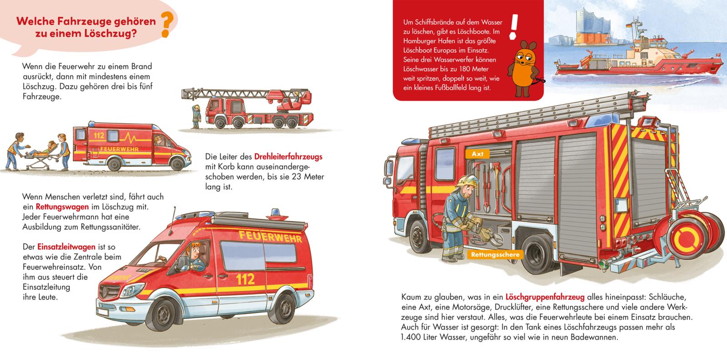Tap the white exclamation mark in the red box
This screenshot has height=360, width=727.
(x=513, y=27)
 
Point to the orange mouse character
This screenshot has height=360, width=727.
(x=524, y=69)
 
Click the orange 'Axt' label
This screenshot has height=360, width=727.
(x=477, y=154)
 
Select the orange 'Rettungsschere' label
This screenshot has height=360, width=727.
(x=495, y=255)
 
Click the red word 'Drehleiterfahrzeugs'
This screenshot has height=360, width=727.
(x=288, y=157)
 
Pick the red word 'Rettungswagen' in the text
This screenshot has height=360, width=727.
(x=62, y=207)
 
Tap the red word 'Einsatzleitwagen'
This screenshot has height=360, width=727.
(x=66, y=247)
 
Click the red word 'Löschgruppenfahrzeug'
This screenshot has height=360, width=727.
(x=545, y=297)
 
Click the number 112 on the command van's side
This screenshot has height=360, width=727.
(x=245, y=280)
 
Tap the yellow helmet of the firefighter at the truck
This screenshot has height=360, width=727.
(x=468, y=181)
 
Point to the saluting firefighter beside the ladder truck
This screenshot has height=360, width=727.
(x=196, y=116)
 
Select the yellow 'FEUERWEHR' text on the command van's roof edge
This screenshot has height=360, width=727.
(x=270, y=236)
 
